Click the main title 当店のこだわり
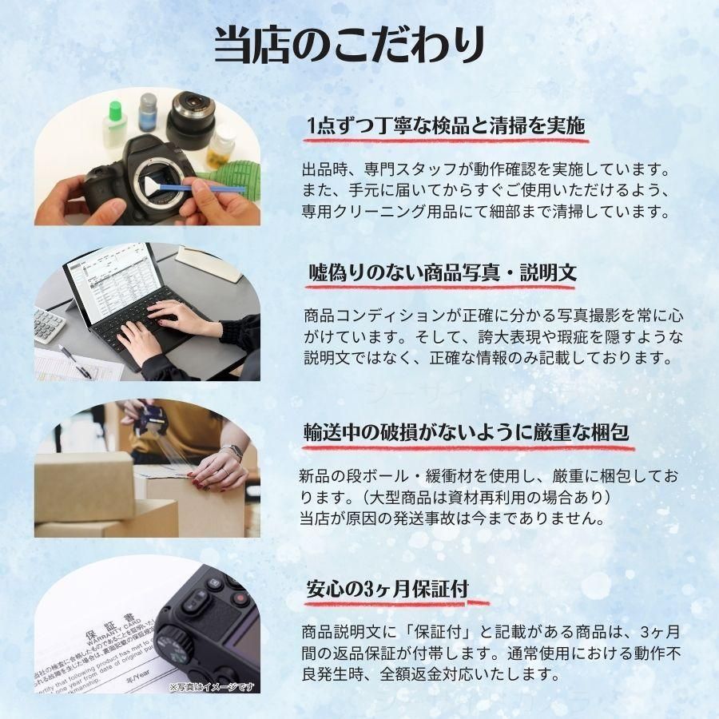click(349, 45)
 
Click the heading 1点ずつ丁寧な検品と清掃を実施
click(447, 126)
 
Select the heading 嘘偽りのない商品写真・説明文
click(443, 272)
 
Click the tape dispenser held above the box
click(152, 419)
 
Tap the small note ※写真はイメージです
click(212, 686)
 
